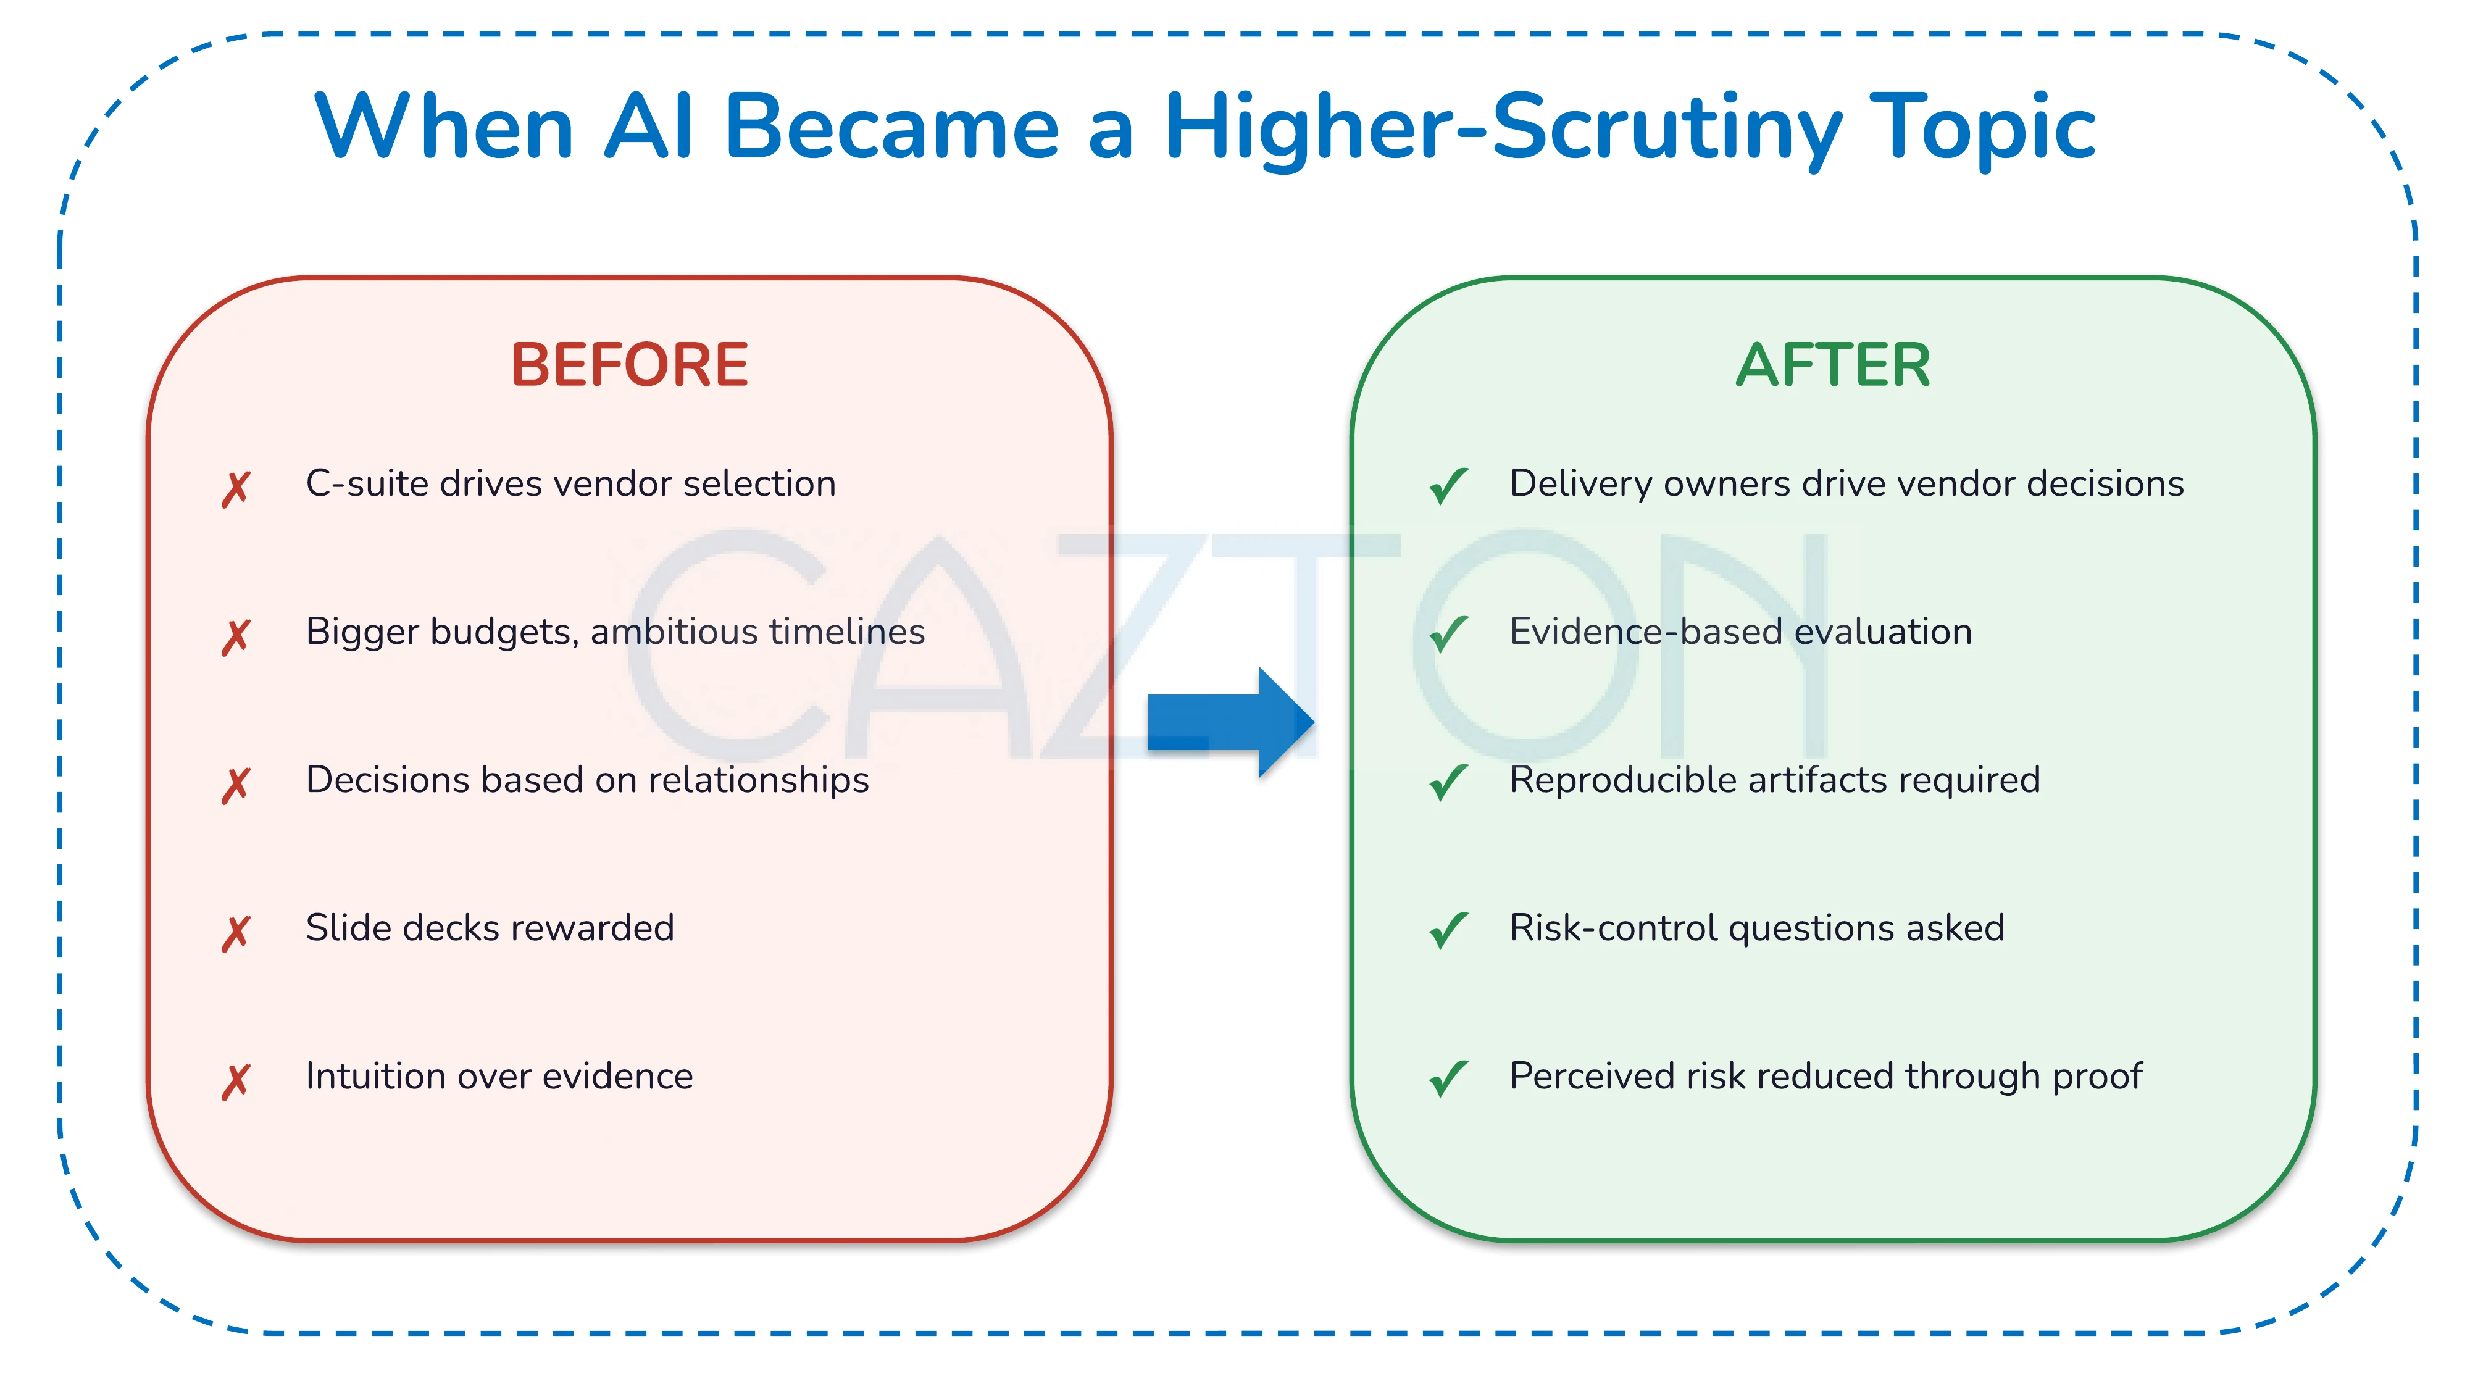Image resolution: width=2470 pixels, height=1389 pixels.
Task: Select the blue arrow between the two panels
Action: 1230,722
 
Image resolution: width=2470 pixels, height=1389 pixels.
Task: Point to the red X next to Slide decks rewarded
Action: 236,933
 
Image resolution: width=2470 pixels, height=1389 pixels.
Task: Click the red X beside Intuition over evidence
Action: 236,1082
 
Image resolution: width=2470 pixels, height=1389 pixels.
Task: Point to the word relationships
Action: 759,780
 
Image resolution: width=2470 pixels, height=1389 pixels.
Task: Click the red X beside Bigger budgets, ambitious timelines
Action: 236,636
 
